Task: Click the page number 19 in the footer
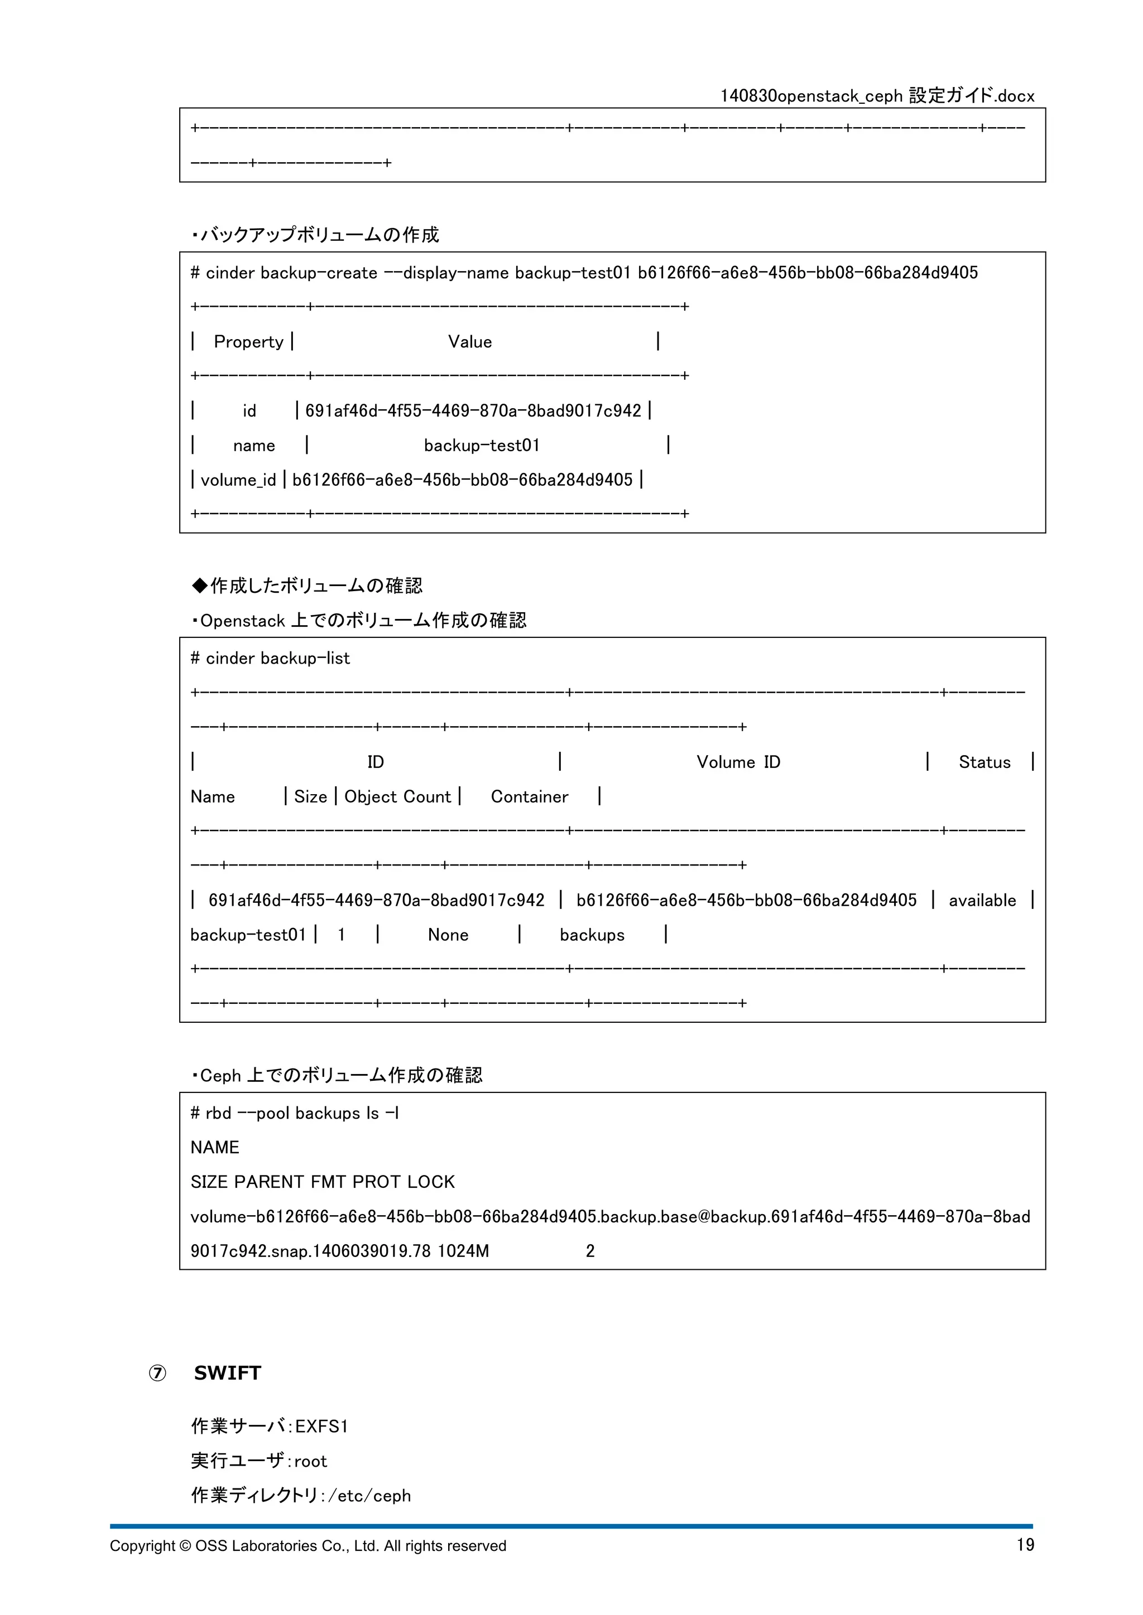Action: click(1025, 1545)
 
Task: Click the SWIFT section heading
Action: click(227, 1373)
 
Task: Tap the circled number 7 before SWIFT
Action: click(157, 1374)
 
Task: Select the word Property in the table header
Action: click(248, 342)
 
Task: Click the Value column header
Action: click(469, 342)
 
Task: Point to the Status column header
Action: click(984, 762)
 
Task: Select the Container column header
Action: click(529, 796)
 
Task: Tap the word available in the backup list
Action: click(982, 900)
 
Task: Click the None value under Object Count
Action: click(448, 935)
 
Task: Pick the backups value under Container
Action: click(592, 935)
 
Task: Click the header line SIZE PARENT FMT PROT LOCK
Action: click(323, 1182)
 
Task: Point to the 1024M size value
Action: click(463, 1251)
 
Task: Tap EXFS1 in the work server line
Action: click(321, 1427)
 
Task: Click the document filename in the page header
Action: click(877, 96)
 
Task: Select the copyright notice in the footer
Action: click(308, 1546)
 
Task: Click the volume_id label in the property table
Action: click(238, 480)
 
